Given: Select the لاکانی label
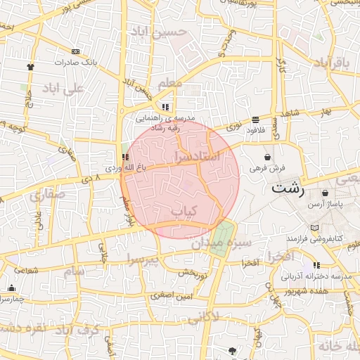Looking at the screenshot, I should click(204, 316).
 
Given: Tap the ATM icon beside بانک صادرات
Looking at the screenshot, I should click(75, 51).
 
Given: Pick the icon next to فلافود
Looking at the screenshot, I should click(255, 120).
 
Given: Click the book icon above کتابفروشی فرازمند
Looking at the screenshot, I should click(314, 228).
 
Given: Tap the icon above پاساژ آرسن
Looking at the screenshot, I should click(324, 193).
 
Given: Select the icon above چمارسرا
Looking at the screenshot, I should click(11, 288).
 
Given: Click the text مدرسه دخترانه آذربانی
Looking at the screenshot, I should click(315, 277).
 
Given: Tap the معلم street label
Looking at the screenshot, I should click(171, 84).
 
